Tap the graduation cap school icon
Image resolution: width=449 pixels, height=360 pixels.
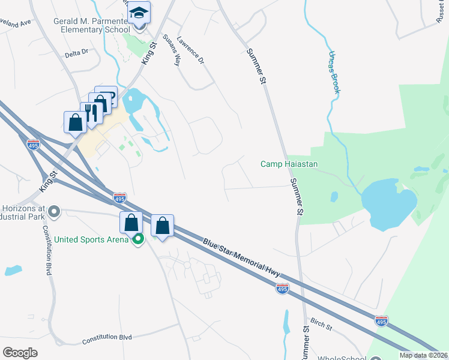click(139, 13)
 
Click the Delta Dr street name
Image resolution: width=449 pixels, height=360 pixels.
click(76, 53)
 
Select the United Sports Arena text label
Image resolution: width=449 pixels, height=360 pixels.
click(91, 239)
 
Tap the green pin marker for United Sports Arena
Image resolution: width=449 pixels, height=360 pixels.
click(137, 239)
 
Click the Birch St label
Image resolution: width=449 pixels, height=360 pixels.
click(321, 325)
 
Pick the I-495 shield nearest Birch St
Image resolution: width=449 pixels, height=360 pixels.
click(381, 321)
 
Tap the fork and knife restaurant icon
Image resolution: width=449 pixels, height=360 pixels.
click(91, 112)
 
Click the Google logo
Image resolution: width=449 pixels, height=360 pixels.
click(20, 353)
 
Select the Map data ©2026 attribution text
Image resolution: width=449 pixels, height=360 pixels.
click(424, 355)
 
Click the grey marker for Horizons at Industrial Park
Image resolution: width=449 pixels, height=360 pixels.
click(54, 211)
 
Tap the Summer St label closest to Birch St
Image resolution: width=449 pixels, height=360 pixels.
click(306, 342)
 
